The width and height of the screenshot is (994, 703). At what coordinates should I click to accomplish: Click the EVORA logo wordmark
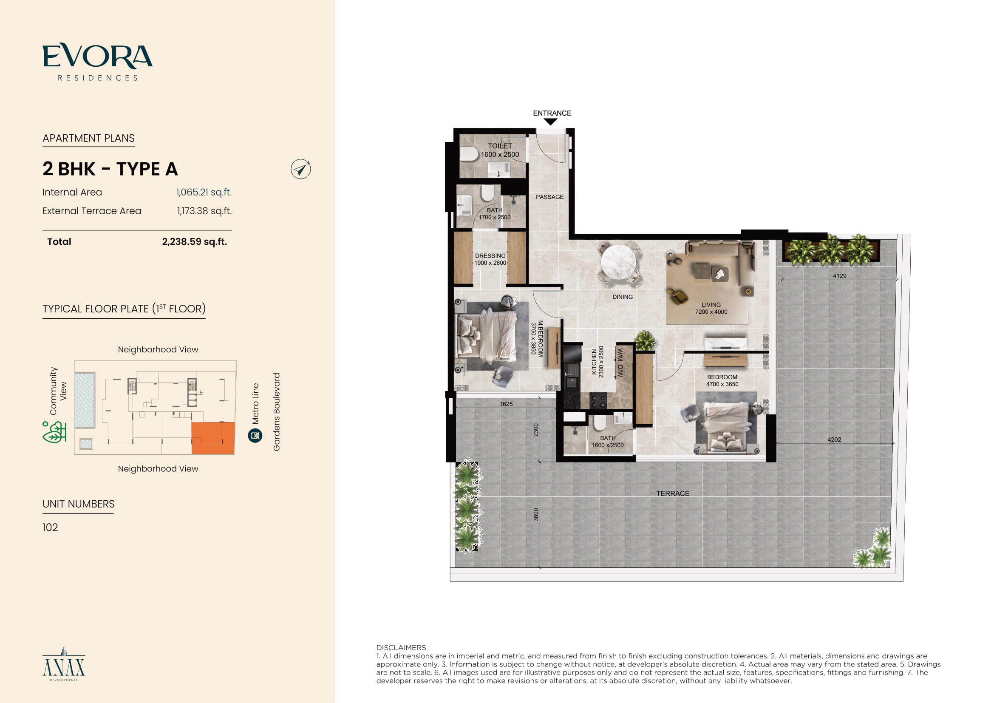pos(97,56)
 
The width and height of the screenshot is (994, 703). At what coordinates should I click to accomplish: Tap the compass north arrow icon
pos(301,169)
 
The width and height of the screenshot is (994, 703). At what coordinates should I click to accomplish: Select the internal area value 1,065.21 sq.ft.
pos(204,192)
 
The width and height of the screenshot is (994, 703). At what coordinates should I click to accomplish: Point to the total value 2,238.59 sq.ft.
pos(194,241)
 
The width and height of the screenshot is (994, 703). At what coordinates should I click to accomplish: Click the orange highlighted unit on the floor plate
pos(213,438)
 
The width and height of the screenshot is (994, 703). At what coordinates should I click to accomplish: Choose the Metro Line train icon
pos(255,436)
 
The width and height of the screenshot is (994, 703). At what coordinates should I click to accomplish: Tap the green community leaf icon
pos(54,432)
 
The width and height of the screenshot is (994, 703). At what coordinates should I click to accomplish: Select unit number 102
pos(50,527)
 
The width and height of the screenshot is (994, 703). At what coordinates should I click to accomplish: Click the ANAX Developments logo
pos(64,664)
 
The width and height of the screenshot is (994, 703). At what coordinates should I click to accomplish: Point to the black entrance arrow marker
pos(550,122)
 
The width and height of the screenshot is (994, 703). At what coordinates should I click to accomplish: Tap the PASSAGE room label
pos(550,197)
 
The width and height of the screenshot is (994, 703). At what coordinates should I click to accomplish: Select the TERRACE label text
pos(673,493)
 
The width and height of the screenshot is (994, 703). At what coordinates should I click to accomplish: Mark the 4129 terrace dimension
pos(839,276)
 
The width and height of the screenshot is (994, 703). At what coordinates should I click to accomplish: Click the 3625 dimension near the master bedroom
pos(506,404)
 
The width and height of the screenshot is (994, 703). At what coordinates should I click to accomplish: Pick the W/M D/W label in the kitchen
pos(620,363)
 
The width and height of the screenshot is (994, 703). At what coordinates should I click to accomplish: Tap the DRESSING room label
pos(490,256)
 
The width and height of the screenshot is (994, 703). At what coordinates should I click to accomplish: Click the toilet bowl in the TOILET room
pos(468,153)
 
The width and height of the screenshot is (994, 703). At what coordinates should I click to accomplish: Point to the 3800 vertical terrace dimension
pos(536,515)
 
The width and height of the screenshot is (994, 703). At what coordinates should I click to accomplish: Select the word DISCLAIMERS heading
pos(401,648)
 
